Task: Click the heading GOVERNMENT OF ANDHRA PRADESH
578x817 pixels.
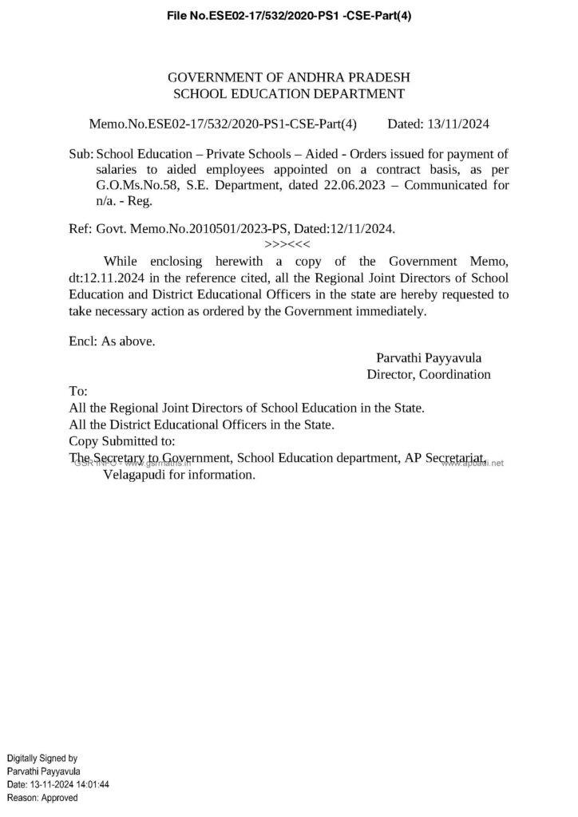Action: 290,78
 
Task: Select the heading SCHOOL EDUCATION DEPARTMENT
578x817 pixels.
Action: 290,94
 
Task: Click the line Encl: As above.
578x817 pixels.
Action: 112,341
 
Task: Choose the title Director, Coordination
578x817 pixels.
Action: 429,374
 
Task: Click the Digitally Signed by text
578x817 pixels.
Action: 42,757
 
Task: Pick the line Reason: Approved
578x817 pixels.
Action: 42,798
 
